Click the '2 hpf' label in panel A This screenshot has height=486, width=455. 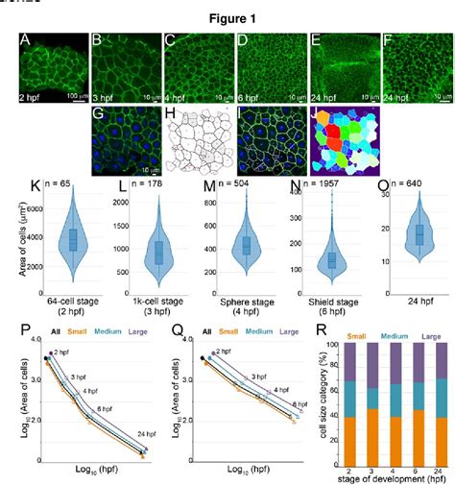pyautogui.click(x=36, y=97)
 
